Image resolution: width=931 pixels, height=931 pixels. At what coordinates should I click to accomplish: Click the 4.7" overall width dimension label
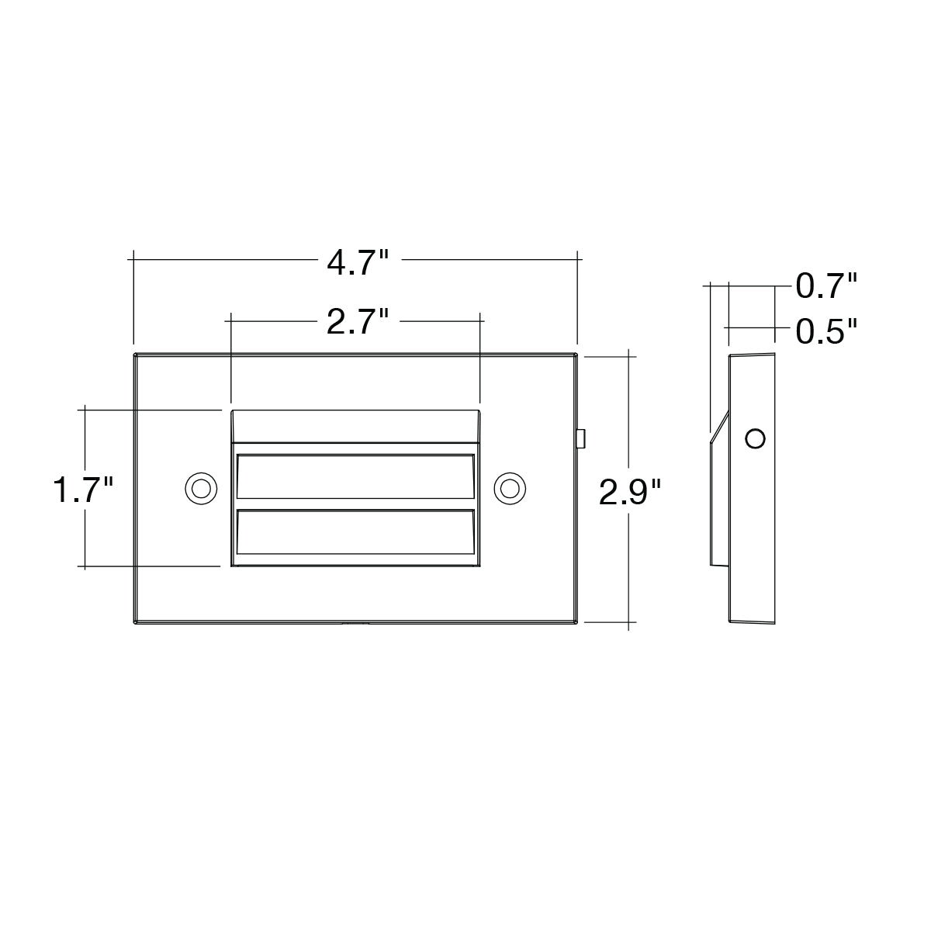point(358,264)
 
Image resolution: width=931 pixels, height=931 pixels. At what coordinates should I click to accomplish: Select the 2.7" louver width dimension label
point(358,322)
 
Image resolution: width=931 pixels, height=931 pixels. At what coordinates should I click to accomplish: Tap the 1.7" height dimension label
point(83,490)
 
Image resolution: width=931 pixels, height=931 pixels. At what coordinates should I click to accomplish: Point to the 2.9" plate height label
point(629,493)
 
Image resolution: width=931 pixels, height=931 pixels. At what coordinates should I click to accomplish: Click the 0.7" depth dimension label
point(826,286)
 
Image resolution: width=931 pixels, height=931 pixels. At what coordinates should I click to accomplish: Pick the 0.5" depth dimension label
point(826,331)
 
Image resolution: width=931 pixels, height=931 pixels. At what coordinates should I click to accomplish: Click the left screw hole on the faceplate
point(201,489)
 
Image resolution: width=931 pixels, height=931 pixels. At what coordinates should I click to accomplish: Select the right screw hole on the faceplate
point(510,489)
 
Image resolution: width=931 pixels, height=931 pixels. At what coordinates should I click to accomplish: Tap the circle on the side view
point(755,438)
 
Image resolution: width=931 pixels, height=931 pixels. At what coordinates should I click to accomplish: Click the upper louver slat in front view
point(355,476)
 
